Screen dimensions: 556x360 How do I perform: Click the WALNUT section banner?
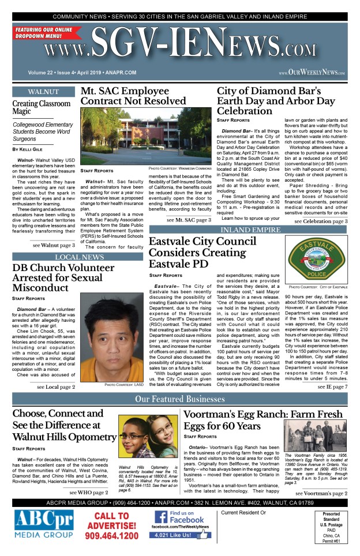(43, 92)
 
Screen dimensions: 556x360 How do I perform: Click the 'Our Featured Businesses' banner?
(180, 399)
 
